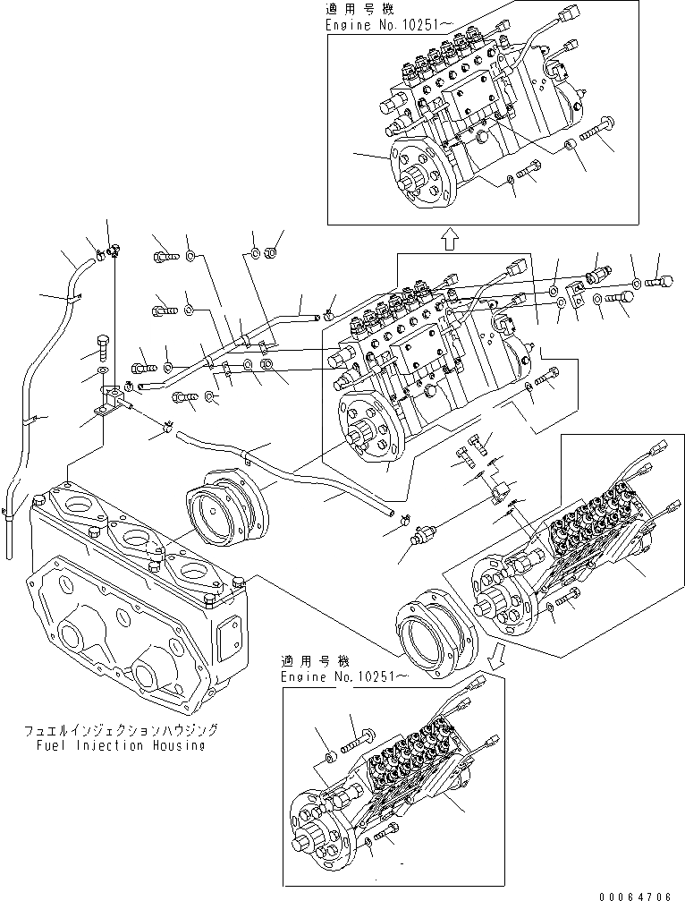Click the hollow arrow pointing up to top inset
[x=450, y=237]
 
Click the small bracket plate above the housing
[x=111, y=400]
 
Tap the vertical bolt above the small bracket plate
[x=102, y=344]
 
